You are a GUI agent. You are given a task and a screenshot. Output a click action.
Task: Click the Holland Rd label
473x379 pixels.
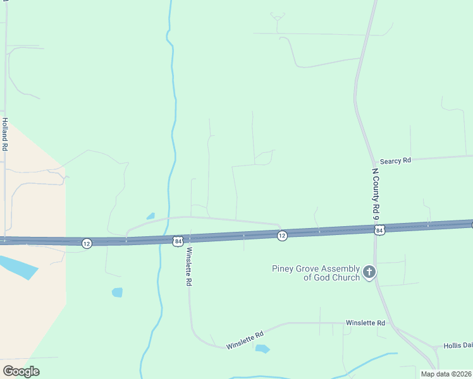(4, 134)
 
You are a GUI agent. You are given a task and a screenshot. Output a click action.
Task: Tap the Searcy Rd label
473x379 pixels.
(395, 161)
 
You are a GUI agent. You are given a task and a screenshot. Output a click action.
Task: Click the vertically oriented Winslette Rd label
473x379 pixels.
(188, 268)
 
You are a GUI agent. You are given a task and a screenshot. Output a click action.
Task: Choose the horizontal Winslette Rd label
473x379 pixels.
(365, 323)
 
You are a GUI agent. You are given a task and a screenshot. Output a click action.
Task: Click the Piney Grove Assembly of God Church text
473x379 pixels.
(316, 273)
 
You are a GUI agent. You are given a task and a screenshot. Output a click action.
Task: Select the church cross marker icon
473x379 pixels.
(369, 273)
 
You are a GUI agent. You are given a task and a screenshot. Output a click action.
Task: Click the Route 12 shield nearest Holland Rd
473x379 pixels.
(87, 243)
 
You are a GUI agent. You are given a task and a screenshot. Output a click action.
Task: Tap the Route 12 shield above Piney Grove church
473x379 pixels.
(282, 236)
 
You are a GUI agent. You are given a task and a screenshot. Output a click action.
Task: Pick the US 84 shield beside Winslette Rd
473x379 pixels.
(178, 241)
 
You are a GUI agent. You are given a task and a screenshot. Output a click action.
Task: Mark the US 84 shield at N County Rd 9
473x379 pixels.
(379, 231)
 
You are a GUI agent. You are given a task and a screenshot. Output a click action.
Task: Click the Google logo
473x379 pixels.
(21, 371)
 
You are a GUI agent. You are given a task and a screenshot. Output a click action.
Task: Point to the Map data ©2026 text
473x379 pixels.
(446, 374)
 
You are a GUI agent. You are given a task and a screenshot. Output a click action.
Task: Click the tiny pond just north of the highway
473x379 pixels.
(150, 216)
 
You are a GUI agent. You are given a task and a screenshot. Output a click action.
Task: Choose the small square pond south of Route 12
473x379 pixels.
(117, 292)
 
